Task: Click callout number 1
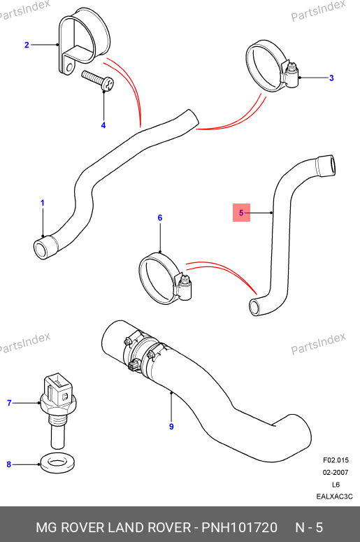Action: pyautogui.click(x=43, y=203)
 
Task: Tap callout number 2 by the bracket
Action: pyautogui.click(x=27, y=45)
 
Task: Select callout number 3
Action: pyautogui.click(x=331, y=78)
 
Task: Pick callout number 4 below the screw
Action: pyautogui.click(x=103, y=125)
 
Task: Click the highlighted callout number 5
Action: pyautogui.click(x=241, y=213)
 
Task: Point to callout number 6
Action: pyautogui.click(x=160, y=217)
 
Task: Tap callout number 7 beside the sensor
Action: pyautogui.click(x=9, y=403)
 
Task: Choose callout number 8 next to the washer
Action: pyautogui.click(x=9, y=464)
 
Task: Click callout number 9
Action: pyautogui.click(x=171, y=427)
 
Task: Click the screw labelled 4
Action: pyautogui.click(x=99, y=80)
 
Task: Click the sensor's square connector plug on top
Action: pyautogui.click(x=57, y=387)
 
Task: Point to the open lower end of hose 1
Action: pyautogui.click(x=41, y=249)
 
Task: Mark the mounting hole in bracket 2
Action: pyautogui.click(x=70, y=66)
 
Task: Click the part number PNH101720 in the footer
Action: pyautogui.click(x=239, y=527)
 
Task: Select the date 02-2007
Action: pyautogui.click(x=336, y=473)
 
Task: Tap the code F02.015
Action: pyautogui.click(x=336, y=460)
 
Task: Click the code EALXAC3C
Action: pyautogui.click(x=334, y=497)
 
